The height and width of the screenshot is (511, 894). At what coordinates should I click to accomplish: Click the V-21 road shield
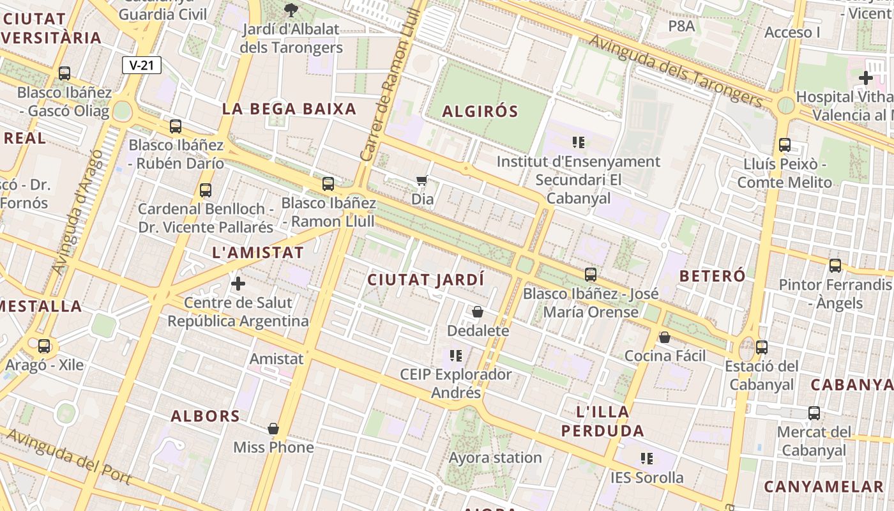[142, 65]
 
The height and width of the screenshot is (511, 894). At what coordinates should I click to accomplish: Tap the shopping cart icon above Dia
[421, 181]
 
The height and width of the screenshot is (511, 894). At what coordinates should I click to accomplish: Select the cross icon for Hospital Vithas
[866, 79]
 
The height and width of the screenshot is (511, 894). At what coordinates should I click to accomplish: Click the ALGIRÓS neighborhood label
[480, 111]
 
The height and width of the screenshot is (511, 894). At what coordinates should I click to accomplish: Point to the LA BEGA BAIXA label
[289, 109]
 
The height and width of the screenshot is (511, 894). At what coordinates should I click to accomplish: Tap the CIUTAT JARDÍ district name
[426, 280]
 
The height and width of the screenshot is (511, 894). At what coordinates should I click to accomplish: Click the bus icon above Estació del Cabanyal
[761, 347]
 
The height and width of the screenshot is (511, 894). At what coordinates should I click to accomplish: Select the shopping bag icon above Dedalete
[478, 312]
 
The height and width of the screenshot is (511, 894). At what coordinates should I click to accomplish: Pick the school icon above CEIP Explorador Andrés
[455, 355]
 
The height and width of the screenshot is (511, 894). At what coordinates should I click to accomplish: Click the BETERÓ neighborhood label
[712, 276]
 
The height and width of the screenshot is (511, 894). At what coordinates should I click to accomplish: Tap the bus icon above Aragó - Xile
[44, 346]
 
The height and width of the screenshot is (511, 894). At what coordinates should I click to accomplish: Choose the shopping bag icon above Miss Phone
[273, 428]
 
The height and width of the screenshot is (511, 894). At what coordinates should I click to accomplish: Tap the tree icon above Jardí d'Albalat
[291, 10]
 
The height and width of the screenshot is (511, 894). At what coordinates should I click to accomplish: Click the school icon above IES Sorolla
[647, 458]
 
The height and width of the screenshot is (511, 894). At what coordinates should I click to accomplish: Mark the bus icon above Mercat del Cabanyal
[814, 413]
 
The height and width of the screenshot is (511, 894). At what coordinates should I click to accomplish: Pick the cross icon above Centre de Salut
[238, 283]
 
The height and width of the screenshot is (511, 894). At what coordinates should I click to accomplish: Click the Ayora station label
[496, 457]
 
